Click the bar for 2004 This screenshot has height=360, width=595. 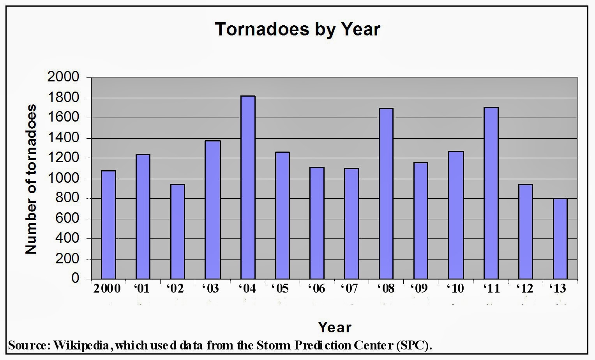pyautogui.click(x=248, y=187)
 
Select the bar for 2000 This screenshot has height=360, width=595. pyautogui.click(x=108, y=225)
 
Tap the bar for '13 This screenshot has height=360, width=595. pyautogui.click(x=560, y=238)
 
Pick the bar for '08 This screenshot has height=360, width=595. pyautogui.click(x=386, y=194)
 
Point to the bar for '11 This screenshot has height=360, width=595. pyautogui.click(x=491, y=193)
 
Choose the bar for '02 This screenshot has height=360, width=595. pyautogui.click(x=178, y=231)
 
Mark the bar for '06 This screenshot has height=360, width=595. pyautogui.click(x=317, y=223)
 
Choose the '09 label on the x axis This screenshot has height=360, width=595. pyautogui.click(x=419, y=289)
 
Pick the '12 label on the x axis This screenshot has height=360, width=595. pyautogui.click(x=524, y=289)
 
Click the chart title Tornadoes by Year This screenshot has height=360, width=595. pyautogui.click(x=297, y=30)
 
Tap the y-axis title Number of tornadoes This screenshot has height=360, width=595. pyautogui.click(x=31, y=179)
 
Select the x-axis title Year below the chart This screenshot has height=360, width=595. pyautogui.click(x=335, y=327)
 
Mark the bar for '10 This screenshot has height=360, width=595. pyautogui.click(x=456, y=215)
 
